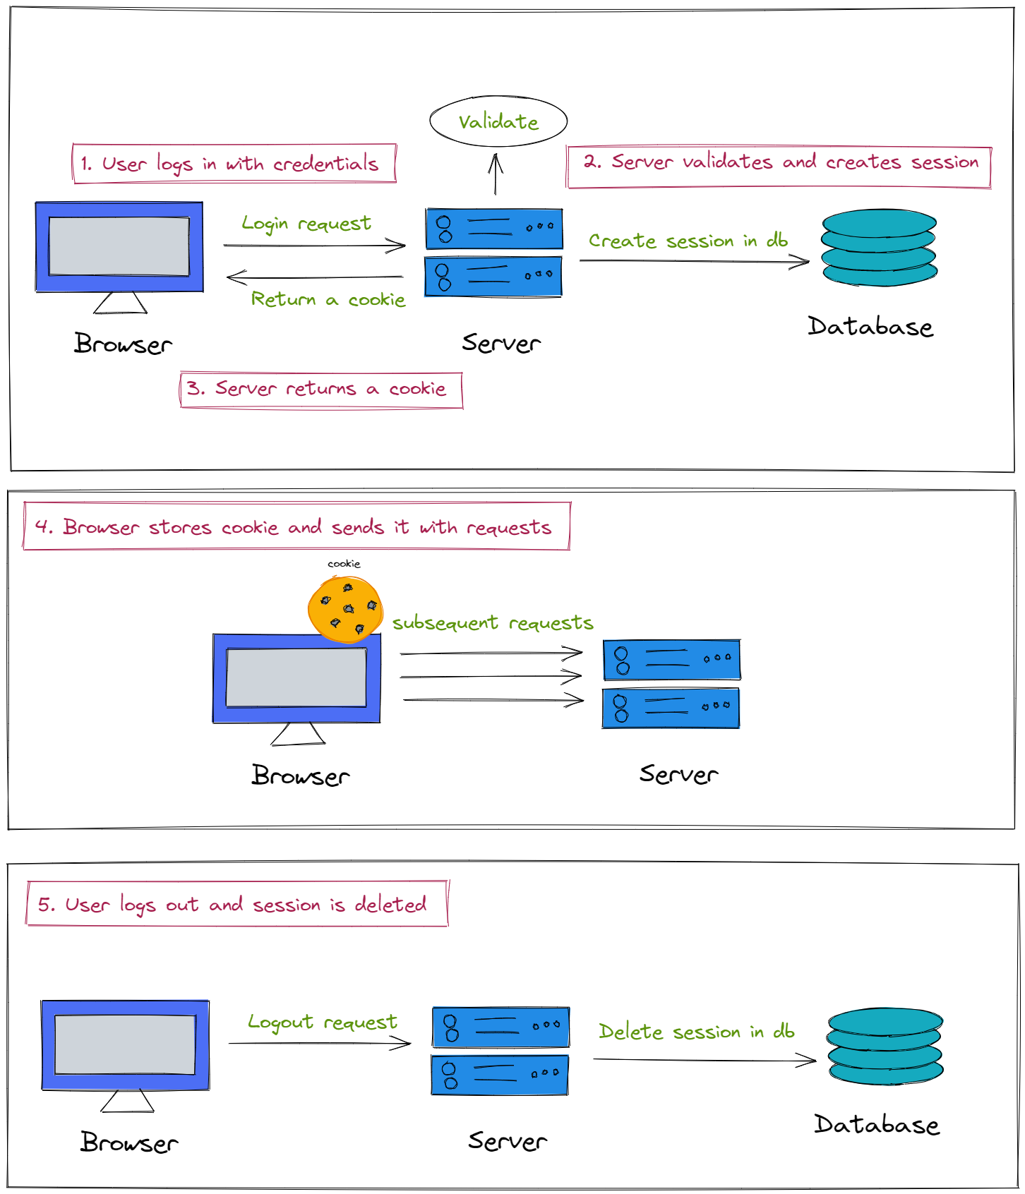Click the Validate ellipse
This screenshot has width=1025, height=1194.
(x=498, y=121)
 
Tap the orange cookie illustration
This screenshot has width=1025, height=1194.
(x=345, y=609)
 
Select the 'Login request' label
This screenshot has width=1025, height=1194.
(x=306, y=224)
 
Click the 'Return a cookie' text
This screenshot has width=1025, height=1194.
(x=328, y=299)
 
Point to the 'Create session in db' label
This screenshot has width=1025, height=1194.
(x=688, y=241)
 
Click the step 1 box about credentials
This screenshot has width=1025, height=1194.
(x=234, y=164)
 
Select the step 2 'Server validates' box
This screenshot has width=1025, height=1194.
(x=779, y=167)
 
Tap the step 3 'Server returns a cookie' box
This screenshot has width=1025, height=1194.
(x=321, y=390)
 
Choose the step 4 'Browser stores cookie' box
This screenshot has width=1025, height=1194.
(x=296, y=526)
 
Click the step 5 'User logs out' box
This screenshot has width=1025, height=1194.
(x=237, y=903)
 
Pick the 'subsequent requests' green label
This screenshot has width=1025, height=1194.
(x=493, y=622)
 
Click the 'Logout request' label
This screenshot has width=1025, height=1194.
(x=322, y=1023)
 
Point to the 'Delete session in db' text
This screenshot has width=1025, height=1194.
(x=696, y=1032)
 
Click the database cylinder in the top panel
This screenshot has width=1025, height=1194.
(x=879, y=248)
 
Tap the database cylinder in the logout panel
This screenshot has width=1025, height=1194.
(x=885, y=1046)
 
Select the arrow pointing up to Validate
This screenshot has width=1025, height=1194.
(x=496, y=174)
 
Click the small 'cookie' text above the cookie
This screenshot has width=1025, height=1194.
(x=344, y=564)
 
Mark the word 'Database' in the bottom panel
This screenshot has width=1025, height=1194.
(x=876, y=1124)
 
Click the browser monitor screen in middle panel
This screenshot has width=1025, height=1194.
(x=296, y=677)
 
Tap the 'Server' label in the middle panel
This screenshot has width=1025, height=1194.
(x=678, y=774)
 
